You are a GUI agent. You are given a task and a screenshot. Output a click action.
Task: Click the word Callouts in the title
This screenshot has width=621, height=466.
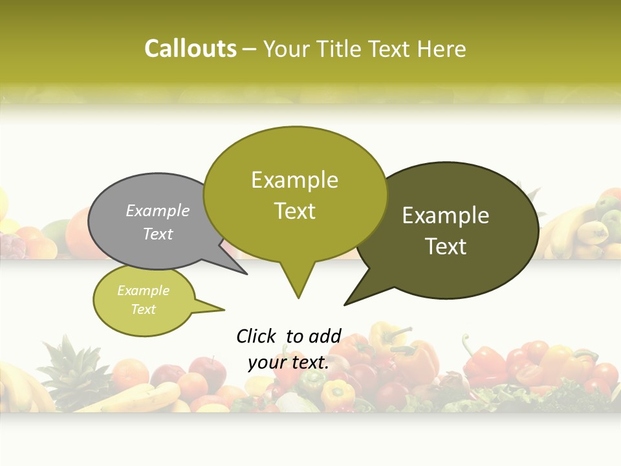[190, 49]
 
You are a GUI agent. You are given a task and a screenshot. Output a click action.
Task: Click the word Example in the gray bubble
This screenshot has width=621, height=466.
[157, 211]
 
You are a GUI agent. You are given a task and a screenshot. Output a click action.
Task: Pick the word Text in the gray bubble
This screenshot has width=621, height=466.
[157, 234]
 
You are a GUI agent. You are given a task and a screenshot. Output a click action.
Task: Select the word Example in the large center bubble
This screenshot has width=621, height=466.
[294, 180]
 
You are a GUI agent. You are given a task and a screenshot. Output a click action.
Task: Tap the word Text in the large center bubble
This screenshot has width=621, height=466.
[294, 211]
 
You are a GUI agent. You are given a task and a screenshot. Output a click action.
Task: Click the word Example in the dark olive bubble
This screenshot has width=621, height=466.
[446, 216]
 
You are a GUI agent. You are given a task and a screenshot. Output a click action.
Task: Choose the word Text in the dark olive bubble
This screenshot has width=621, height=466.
[446, 247]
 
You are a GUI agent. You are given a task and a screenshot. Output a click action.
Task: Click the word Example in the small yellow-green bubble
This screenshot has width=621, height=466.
[143, 291]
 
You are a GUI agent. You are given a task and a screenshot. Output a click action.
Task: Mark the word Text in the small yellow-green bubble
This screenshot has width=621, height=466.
[143, 309]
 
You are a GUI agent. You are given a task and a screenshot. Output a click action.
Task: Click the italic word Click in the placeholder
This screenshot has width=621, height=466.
[256, 337]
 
